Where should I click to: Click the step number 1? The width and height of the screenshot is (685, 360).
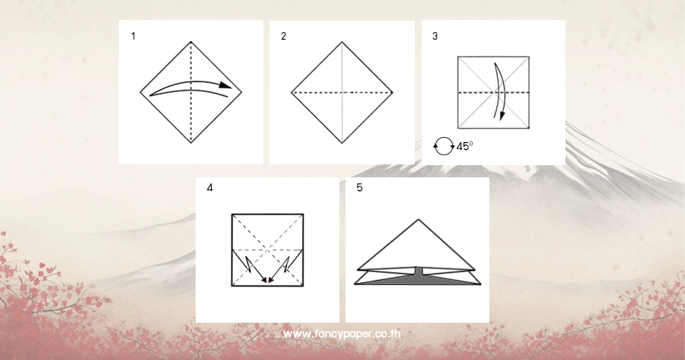point(133,37)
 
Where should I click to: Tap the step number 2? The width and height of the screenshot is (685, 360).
point(284,37)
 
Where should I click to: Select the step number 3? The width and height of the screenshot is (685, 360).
point(435,37)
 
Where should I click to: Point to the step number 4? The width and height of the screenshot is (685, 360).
point(210,188)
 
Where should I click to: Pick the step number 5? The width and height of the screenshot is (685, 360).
point(359,187)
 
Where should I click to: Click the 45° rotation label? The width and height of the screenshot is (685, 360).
point(464,146)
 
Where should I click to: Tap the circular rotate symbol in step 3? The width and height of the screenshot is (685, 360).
point(444,146)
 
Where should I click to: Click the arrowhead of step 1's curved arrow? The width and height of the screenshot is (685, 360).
point(225,85)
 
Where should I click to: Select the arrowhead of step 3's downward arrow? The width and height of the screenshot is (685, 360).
point(502,115)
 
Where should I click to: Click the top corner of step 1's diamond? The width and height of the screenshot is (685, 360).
point(191,42)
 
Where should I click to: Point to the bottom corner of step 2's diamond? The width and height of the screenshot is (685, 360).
point(342,143)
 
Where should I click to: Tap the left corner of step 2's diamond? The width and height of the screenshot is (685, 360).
point(292,93)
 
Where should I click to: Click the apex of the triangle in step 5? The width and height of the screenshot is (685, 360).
point(419,219)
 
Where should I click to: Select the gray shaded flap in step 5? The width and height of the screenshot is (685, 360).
point(418,279)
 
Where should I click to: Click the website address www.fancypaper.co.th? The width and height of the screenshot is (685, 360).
point(342,334)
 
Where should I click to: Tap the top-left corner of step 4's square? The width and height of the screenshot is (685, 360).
point(232,214)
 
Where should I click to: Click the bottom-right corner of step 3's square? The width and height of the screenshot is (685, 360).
point(529,128)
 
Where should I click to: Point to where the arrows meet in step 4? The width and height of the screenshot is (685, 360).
point(268,281)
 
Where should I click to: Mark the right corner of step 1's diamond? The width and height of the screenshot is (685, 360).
point(241,92)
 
